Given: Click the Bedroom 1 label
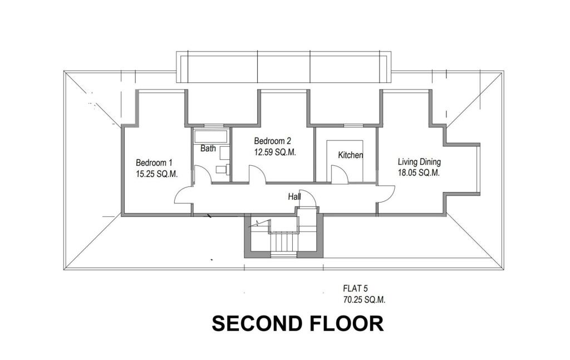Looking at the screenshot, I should [154, 163].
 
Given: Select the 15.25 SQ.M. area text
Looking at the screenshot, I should [156, 174].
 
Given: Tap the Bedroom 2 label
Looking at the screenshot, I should [273, 141].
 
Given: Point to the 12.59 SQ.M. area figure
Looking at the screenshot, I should [275, 152].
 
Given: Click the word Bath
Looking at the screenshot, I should [208, 149].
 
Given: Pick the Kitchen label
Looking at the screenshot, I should [351, 155].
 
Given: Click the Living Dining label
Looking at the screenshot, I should [419, 162].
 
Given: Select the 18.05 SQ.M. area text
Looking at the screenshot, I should [419, 173].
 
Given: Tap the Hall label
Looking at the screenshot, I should [294, 197].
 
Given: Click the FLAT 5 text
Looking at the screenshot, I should [356, 288].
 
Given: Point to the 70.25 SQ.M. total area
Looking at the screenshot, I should [364, 299].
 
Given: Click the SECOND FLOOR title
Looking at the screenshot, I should [297, 323].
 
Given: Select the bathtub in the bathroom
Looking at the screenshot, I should [210, 136].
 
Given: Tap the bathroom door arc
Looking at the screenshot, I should [202, 175].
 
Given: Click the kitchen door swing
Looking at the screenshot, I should [340, 175].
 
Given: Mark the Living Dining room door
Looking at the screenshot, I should [385, 194].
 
